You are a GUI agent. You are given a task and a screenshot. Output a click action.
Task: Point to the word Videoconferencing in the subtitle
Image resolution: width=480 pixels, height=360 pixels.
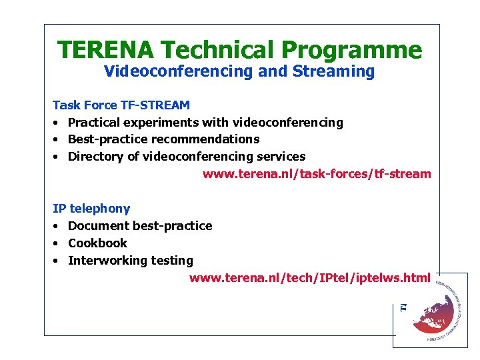click(x=179, y=71)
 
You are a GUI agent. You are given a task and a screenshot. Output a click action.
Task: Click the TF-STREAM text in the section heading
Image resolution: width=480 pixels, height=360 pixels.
click(x=155, y=105)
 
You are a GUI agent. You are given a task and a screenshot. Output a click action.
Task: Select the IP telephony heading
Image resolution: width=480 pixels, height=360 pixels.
click(x=91, y=209)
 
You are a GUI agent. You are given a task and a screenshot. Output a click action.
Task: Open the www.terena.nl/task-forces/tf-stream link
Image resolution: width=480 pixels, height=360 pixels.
click(x=317, y=174)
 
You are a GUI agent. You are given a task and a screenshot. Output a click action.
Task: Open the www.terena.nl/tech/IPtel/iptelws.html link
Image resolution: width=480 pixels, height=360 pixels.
click(x=310, y=277)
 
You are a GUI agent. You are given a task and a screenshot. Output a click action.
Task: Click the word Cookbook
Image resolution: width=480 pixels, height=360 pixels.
click(x=97, y=243)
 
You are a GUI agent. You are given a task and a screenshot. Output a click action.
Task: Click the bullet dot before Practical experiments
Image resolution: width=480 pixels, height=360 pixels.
click(x=57, y=123)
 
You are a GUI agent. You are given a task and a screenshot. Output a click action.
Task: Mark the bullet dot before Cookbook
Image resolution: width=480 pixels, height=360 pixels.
click(x=57, y=243)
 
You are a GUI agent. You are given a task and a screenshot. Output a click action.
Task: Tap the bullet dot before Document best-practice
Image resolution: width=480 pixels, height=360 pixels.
click(x=57, y=226)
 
